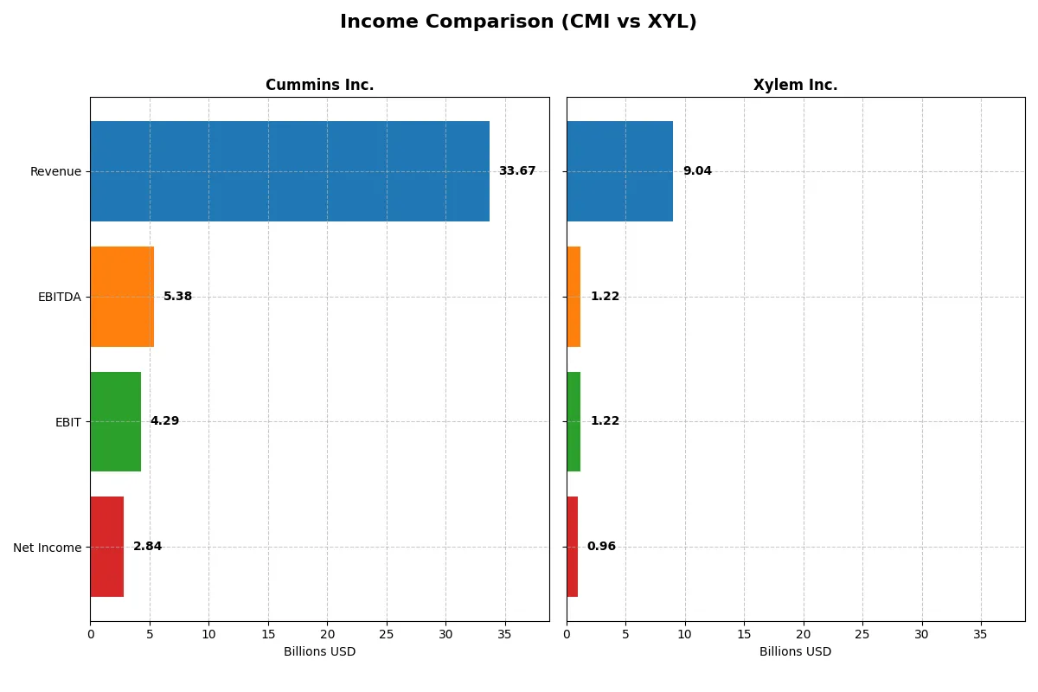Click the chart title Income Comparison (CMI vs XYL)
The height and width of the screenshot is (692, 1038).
click(x=518, y=22)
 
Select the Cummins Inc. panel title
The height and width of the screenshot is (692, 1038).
click(x=319, y=85)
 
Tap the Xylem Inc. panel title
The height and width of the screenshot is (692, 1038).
click(x=795, y=85)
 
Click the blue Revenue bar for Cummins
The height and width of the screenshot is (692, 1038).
click(x=290, y=171)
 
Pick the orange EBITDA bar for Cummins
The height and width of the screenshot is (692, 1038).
click(x=122, y=297)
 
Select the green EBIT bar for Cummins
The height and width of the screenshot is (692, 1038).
click(x=115, y=421)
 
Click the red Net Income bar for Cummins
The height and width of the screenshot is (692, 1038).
click(x=106, y=547)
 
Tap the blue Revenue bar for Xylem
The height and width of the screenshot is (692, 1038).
click(x=619, y=171)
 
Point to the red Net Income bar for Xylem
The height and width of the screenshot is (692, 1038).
click(x=572, y=547)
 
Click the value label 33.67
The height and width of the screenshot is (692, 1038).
click(x=516, y=171)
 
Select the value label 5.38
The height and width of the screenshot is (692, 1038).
click(x=177, y=297)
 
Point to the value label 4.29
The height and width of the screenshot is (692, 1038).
click(x=164, y=421)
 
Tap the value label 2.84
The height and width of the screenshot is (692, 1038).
click(x=147, y=547)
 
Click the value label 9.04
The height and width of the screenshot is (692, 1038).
click(x=697, y=171)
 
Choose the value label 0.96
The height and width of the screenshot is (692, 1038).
click(x=601, y=547)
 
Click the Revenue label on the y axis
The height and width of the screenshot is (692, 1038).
click(x=55, y=171)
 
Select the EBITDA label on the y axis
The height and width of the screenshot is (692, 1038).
click(x=59, y=297)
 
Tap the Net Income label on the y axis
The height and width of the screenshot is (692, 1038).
click(x=47, y=547)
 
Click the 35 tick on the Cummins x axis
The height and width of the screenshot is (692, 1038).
click(x=504, y=634)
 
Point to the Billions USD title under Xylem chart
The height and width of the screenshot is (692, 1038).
click(x=795, y=651)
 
